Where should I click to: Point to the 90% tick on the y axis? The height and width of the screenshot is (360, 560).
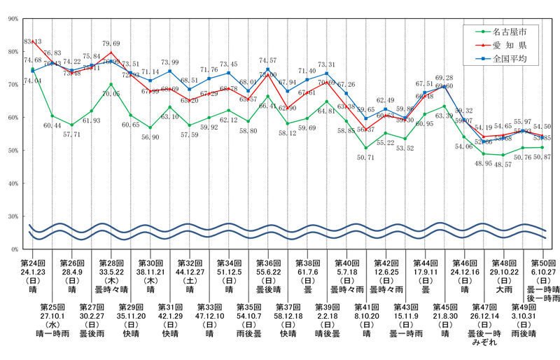pyautogui.click(x=13, y=19)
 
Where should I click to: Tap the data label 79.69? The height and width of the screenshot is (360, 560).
pyautogui.click(x=111, y=43)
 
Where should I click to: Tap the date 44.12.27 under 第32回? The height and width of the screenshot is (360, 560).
pyautogui.click(x=189, y=270)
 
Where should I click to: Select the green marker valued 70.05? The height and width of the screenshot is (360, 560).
pyautogui.click(x=111, y=84)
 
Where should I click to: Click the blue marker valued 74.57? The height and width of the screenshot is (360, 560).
pyautogui.click(x=267, y=69)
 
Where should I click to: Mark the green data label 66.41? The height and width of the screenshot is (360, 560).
pyautogui.click(x=267, y=105)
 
